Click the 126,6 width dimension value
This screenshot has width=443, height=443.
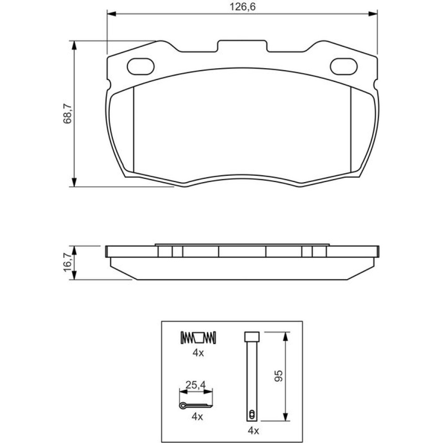coord(242,7)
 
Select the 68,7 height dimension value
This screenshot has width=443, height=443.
coord(68,113)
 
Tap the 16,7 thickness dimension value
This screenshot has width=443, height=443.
coord(68,262)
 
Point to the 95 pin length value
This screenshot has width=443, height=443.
coord(279,376)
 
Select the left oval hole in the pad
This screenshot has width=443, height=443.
coord(141,66)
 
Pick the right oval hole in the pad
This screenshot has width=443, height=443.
coord(344,66)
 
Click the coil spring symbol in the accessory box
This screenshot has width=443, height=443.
coord(198,337)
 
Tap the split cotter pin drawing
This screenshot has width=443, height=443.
coord(195,405)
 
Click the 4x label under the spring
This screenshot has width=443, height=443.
coord(198,353)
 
